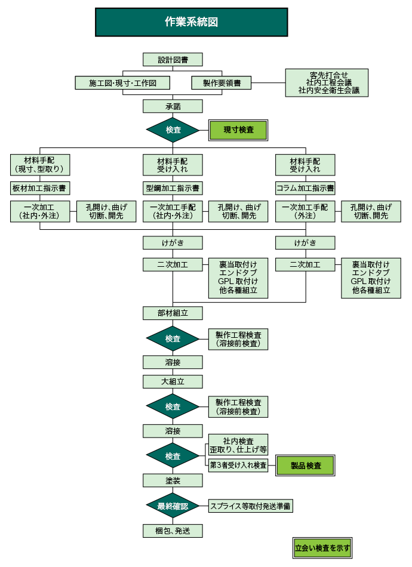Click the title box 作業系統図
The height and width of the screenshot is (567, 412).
[x=191, y=22]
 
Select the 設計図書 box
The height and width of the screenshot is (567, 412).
[x=173, y=60]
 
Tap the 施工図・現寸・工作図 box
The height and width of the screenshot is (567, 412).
[x=122, y=83]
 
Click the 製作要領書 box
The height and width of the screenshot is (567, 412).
[x=221, y=83]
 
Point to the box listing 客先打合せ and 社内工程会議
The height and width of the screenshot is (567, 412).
[x=326, y=83]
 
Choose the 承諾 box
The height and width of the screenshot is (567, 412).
[x=173, y=106]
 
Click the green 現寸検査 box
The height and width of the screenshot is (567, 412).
[x=238, y=130]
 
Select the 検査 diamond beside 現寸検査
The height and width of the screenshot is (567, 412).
[x=173, y=130]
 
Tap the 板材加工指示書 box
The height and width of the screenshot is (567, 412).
[x=41, y=188]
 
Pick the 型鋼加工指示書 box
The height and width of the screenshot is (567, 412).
[x=173, y=188]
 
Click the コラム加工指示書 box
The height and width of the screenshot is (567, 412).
[x=305, y=188]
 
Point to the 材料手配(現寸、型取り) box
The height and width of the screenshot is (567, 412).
[x=41, y=165]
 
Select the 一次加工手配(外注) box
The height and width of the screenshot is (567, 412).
[x=305, y=211]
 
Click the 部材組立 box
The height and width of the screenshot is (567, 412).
[x=173, y=313]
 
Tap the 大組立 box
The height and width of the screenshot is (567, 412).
[x=173, y=381]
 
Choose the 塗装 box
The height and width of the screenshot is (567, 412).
[x=173, y=480]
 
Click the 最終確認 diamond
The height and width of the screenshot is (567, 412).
[x=173, y=506]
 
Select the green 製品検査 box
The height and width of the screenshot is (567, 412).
[x=305, y=466]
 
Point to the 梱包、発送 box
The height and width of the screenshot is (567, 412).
[x=173, y=531]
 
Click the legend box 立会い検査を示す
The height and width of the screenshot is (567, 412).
[x=322, y=547]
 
